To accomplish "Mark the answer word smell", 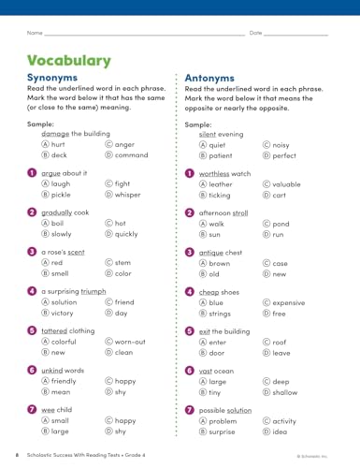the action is click(61, 273).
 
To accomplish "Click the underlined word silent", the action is click(210, 134).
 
